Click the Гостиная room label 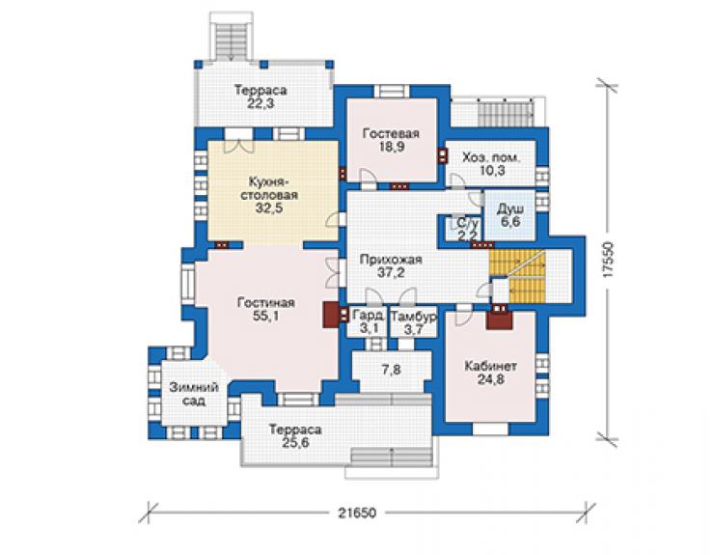266,303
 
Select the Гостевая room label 391,134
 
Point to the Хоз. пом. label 491,158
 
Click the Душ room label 510,209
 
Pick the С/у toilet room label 467,224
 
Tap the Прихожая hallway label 391,260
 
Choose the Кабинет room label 490,367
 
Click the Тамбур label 414,317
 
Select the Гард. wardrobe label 369,316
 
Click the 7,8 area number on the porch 391,371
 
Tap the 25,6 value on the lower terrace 295,442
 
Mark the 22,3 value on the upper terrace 261,104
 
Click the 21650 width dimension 357,513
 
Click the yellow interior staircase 517,276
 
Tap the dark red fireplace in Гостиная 331,315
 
